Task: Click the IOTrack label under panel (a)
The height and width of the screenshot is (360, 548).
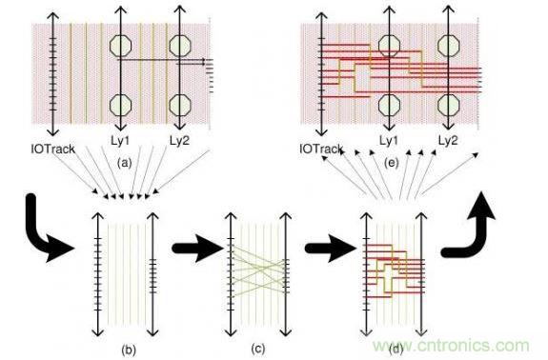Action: (52, 150)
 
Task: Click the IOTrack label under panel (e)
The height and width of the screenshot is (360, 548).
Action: (321, 150)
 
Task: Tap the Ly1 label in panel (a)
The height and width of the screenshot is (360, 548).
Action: (120, 141)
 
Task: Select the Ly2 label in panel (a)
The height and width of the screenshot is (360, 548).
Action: (179, 141)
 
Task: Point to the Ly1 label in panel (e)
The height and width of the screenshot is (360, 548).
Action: (389, 141)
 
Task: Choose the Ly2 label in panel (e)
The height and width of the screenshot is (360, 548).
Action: (448, 141)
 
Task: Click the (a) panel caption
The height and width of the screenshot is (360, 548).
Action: (125, 163)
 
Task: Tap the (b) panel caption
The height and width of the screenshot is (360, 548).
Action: (129, 350)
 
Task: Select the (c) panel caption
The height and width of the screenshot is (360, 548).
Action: (258, 349)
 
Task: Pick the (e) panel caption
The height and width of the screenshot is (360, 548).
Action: (392, 163)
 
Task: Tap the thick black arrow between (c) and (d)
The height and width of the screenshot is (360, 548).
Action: (331, 249)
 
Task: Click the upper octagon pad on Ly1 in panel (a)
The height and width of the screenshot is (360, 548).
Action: (121, 46)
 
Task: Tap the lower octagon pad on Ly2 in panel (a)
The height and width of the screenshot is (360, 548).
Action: (180, 105)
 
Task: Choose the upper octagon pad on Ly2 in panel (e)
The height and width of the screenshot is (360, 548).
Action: (448, 46)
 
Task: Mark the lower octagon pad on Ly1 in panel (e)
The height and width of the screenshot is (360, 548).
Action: (390, 105)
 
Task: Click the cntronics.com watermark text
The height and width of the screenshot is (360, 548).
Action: (451, 346)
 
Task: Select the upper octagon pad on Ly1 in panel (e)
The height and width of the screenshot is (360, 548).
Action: (390, 46)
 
